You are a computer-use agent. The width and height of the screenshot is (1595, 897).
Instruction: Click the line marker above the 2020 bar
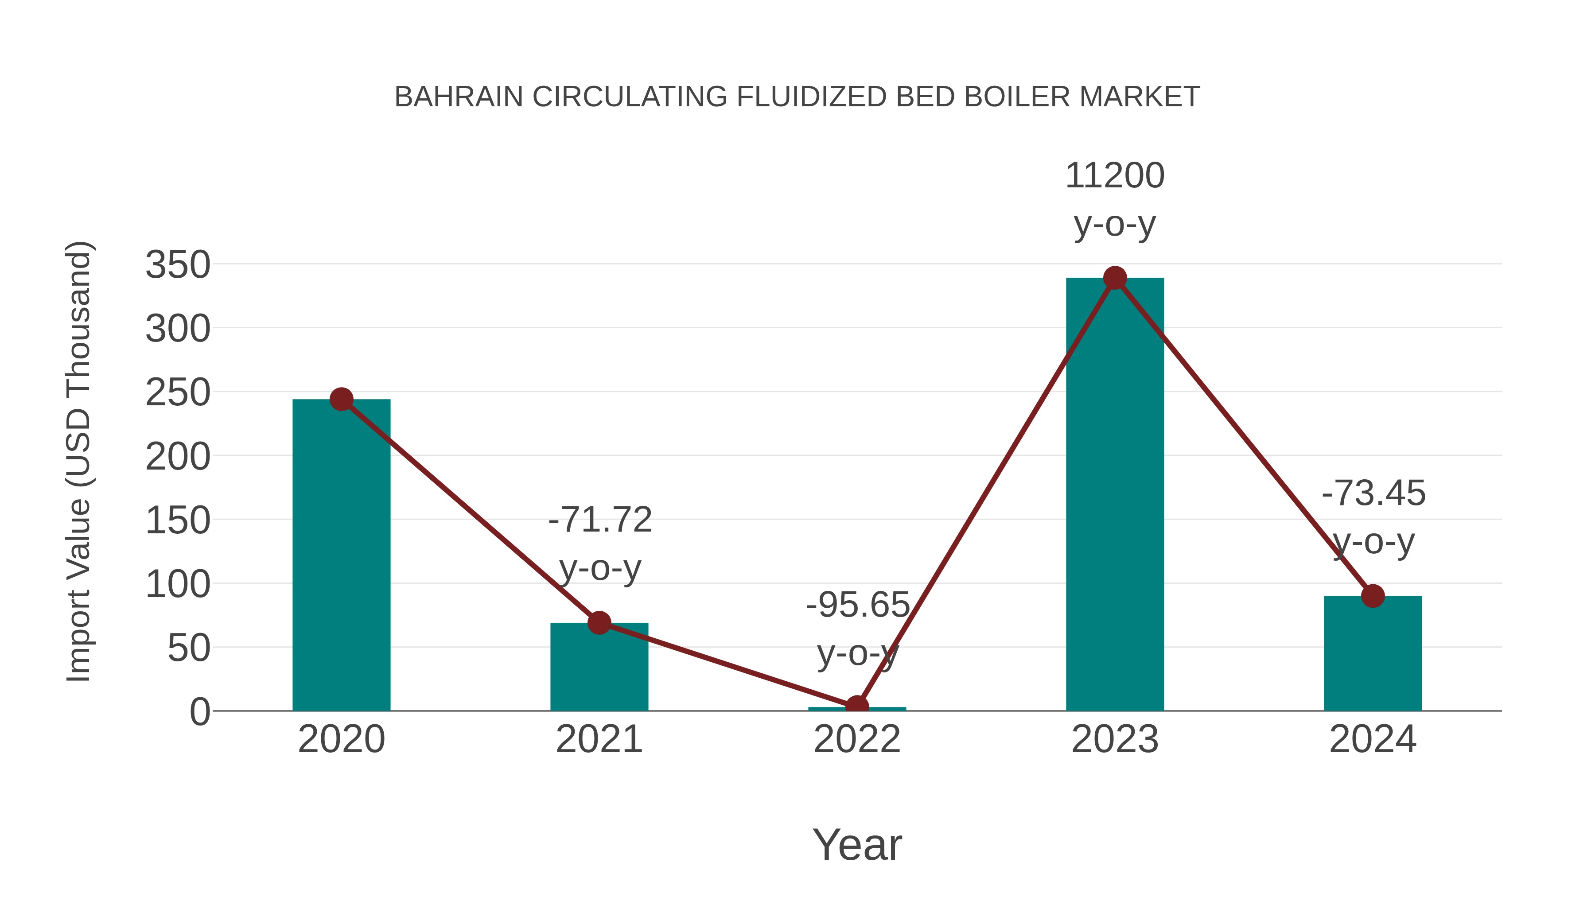click(341, 399)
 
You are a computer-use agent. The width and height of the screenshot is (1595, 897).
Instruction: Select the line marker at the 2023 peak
click(1115, 278)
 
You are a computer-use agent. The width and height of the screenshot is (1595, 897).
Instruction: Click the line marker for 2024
click(1373, 596)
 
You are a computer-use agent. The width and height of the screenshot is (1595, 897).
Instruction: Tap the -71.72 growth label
click(600, 520)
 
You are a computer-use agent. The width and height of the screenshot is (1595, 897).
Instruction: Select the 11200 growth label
click(1115, 176)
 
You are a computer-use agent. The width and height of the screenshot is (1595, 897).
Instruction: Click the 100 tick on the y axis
click(178, 584)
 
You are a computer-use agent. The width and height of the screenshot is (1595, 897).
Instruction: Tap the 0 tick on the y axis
click(199, 711)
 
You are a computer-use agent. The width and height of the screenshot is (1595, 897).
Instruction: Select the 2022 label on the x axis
click(857, 739)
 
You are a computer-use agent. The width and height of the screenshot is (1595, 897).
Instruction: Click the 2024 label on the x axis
click(1373, 739)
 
